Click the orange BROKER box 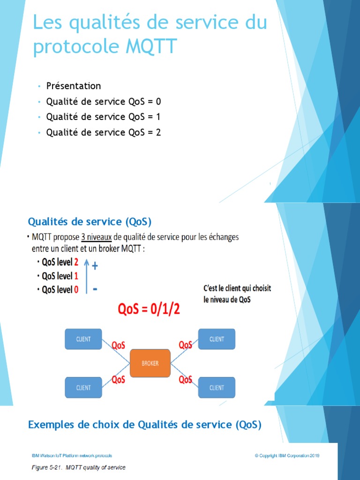[150, 363]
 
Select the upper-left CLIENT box [83, 339]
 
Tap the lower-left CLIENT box [83, 388]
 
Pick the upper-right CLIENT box [217, 339]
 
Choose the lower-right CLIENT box [217, 388]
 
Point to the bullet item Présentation [73, 86]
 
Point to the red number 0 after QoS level [76, 290]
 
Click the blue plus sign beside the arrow [95, 266]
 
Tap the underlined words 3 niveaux [96, 237]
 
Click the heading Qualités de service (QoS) [90, 221]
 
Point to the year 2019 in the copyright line [315, 455]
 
